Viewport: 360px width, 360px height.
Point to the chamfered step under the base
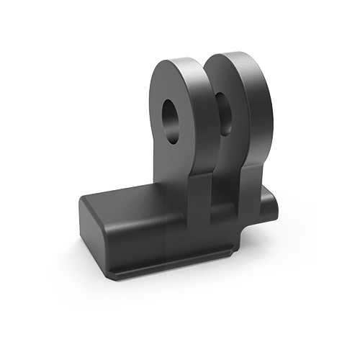click(x=180, y=266)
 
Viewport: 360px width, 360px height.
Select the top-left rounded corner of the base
click(x=86, y=197)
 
